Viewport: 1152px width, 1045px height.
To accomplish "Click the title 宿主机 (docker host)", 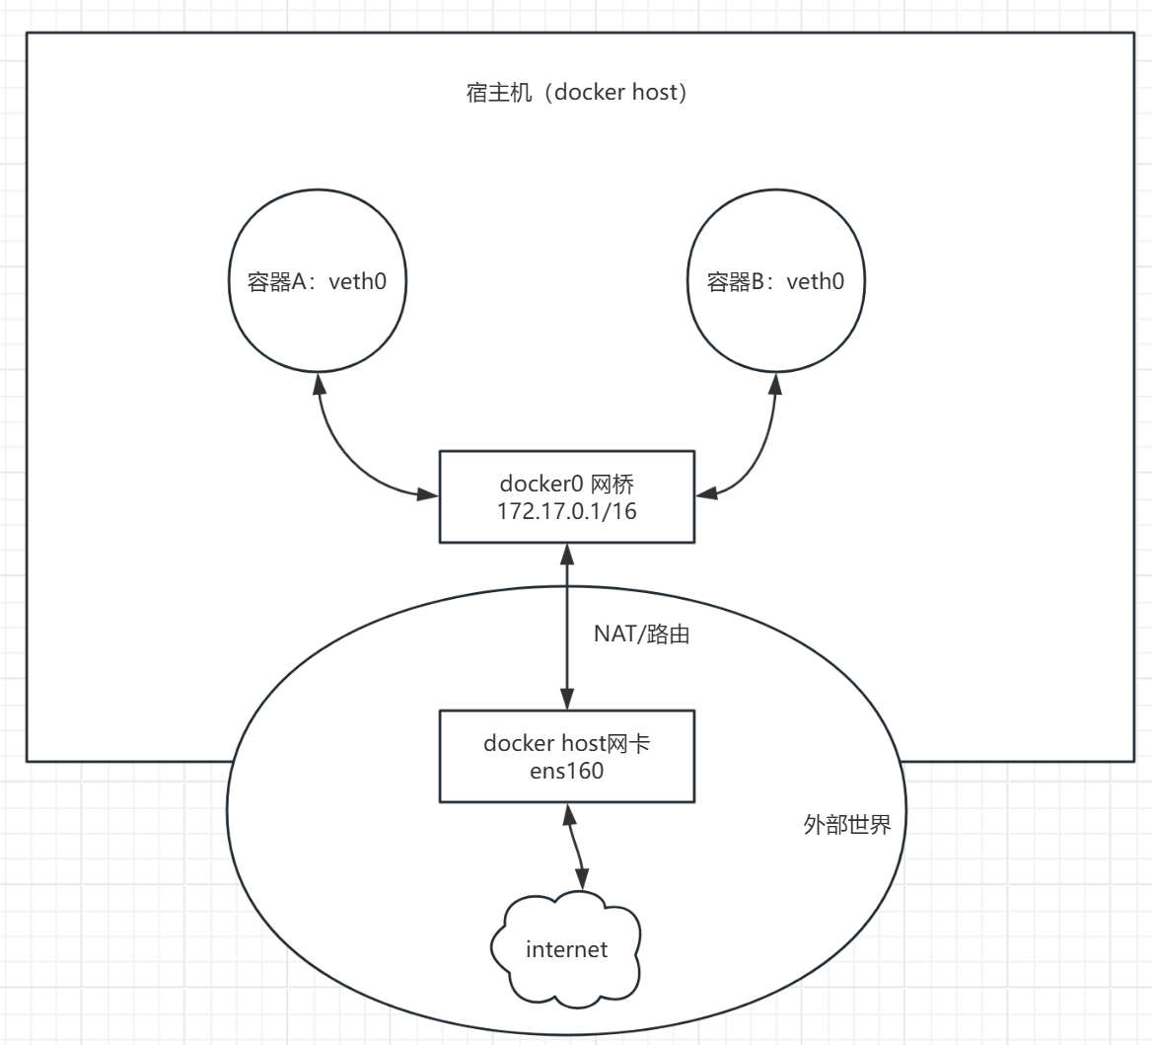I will pos(575,93).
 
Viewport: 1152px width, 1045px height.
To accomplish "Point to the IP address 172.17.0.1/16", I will pos(566,510).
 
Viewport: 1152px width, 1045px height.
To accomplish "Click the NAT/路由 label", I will pos(640,634).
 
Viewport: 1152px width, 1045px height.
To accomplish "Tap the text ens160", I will pos(566,771).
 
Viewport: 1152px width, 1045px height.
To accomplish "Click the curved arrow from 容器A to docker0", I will pos(345,454).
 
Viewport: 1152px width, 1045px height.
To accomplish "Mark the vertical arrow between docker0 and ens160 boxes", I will pos(567,626).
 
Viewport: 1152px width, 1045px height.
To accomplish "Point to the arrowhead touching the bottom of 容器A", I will pos(318,383).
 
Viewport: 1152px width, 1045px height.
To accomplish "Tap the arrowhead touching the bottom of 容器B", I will pos(776,383).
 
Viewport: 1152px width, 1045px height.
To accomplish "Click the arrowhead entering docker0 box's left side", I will pos(429,491).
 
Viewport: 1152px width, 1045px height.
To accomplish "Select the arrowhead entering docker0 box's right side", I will pos(704,491).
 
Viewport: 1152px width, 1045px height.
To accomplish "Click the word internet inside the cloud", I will pos(566,950).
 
